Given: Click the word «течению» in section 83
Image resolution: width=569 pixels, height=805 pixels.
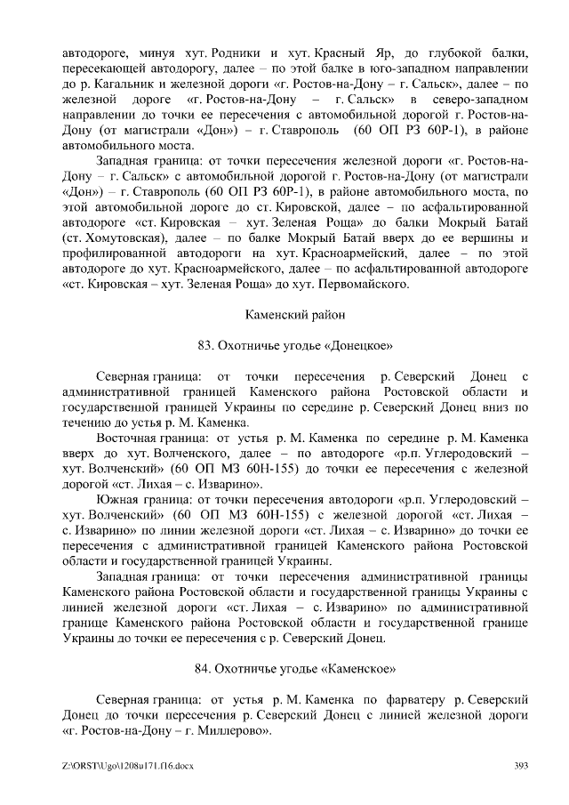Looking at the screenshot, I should (89, 423).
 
